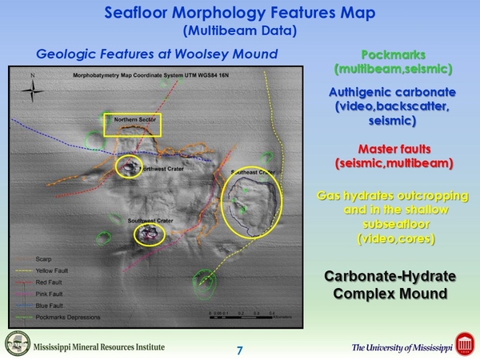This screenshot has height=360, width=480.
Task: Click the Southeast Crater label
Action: (x=254, y=173)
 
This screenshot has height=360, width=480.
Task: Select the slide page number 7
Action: (x=239, y=350)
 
